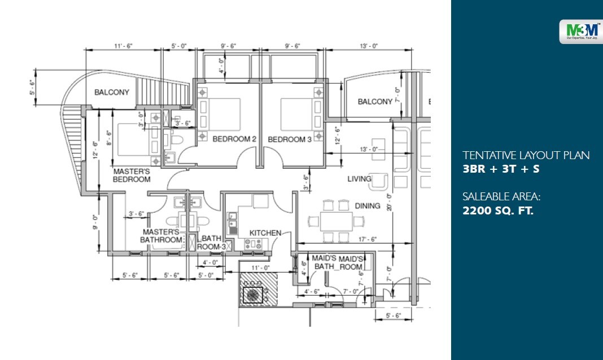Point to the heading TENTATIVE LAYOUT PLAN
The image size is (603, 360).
(x=526, y=155)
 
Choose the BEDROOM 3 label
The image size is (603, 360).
(x=290, y=139)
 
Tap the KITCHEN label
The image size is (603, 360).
(x=265, y=232)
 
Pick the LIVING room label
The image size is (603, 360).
(x=359, y=179)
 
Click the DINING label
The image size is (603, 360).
(x=368, y=206)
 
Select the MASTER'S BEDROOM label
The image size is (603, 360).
(x=132, y=175)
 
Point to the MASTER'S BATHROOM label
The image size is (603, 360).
(x=162, y=236)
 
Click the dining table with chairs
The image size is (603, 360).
(x=335, y=219)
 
